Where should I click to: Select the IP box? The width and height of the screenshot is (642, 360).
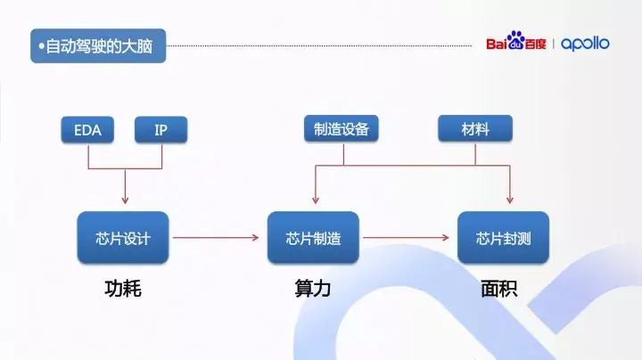[160, 129]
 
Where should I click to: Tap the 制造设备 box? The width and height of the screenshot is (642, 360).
[341, 129]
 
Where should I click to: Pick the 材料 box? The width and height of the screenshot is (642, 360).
[475, 129]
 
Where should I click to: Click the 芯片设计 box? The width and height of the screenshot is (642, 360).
[123, 238]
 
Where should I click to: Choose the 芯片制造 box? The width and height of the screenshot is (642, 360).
[313, 238]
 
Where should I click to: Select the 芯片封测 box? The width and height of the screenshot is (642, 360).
[503, 238]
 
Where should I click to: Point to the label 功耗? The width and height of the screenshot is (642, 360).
[123, 289]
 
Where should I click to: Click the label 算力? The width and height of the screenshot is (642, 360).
[313, 289]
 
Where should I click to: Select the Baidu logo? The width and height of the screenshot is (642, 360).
[515, 44]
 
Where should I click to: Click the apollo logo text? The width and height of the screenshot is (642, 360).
[586, 44]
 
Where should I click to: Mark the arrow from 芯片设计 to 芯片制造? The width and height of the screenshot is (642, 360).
[219, 238]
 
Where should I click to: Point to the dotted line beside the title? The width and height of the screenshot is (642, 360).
[321, 45]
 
